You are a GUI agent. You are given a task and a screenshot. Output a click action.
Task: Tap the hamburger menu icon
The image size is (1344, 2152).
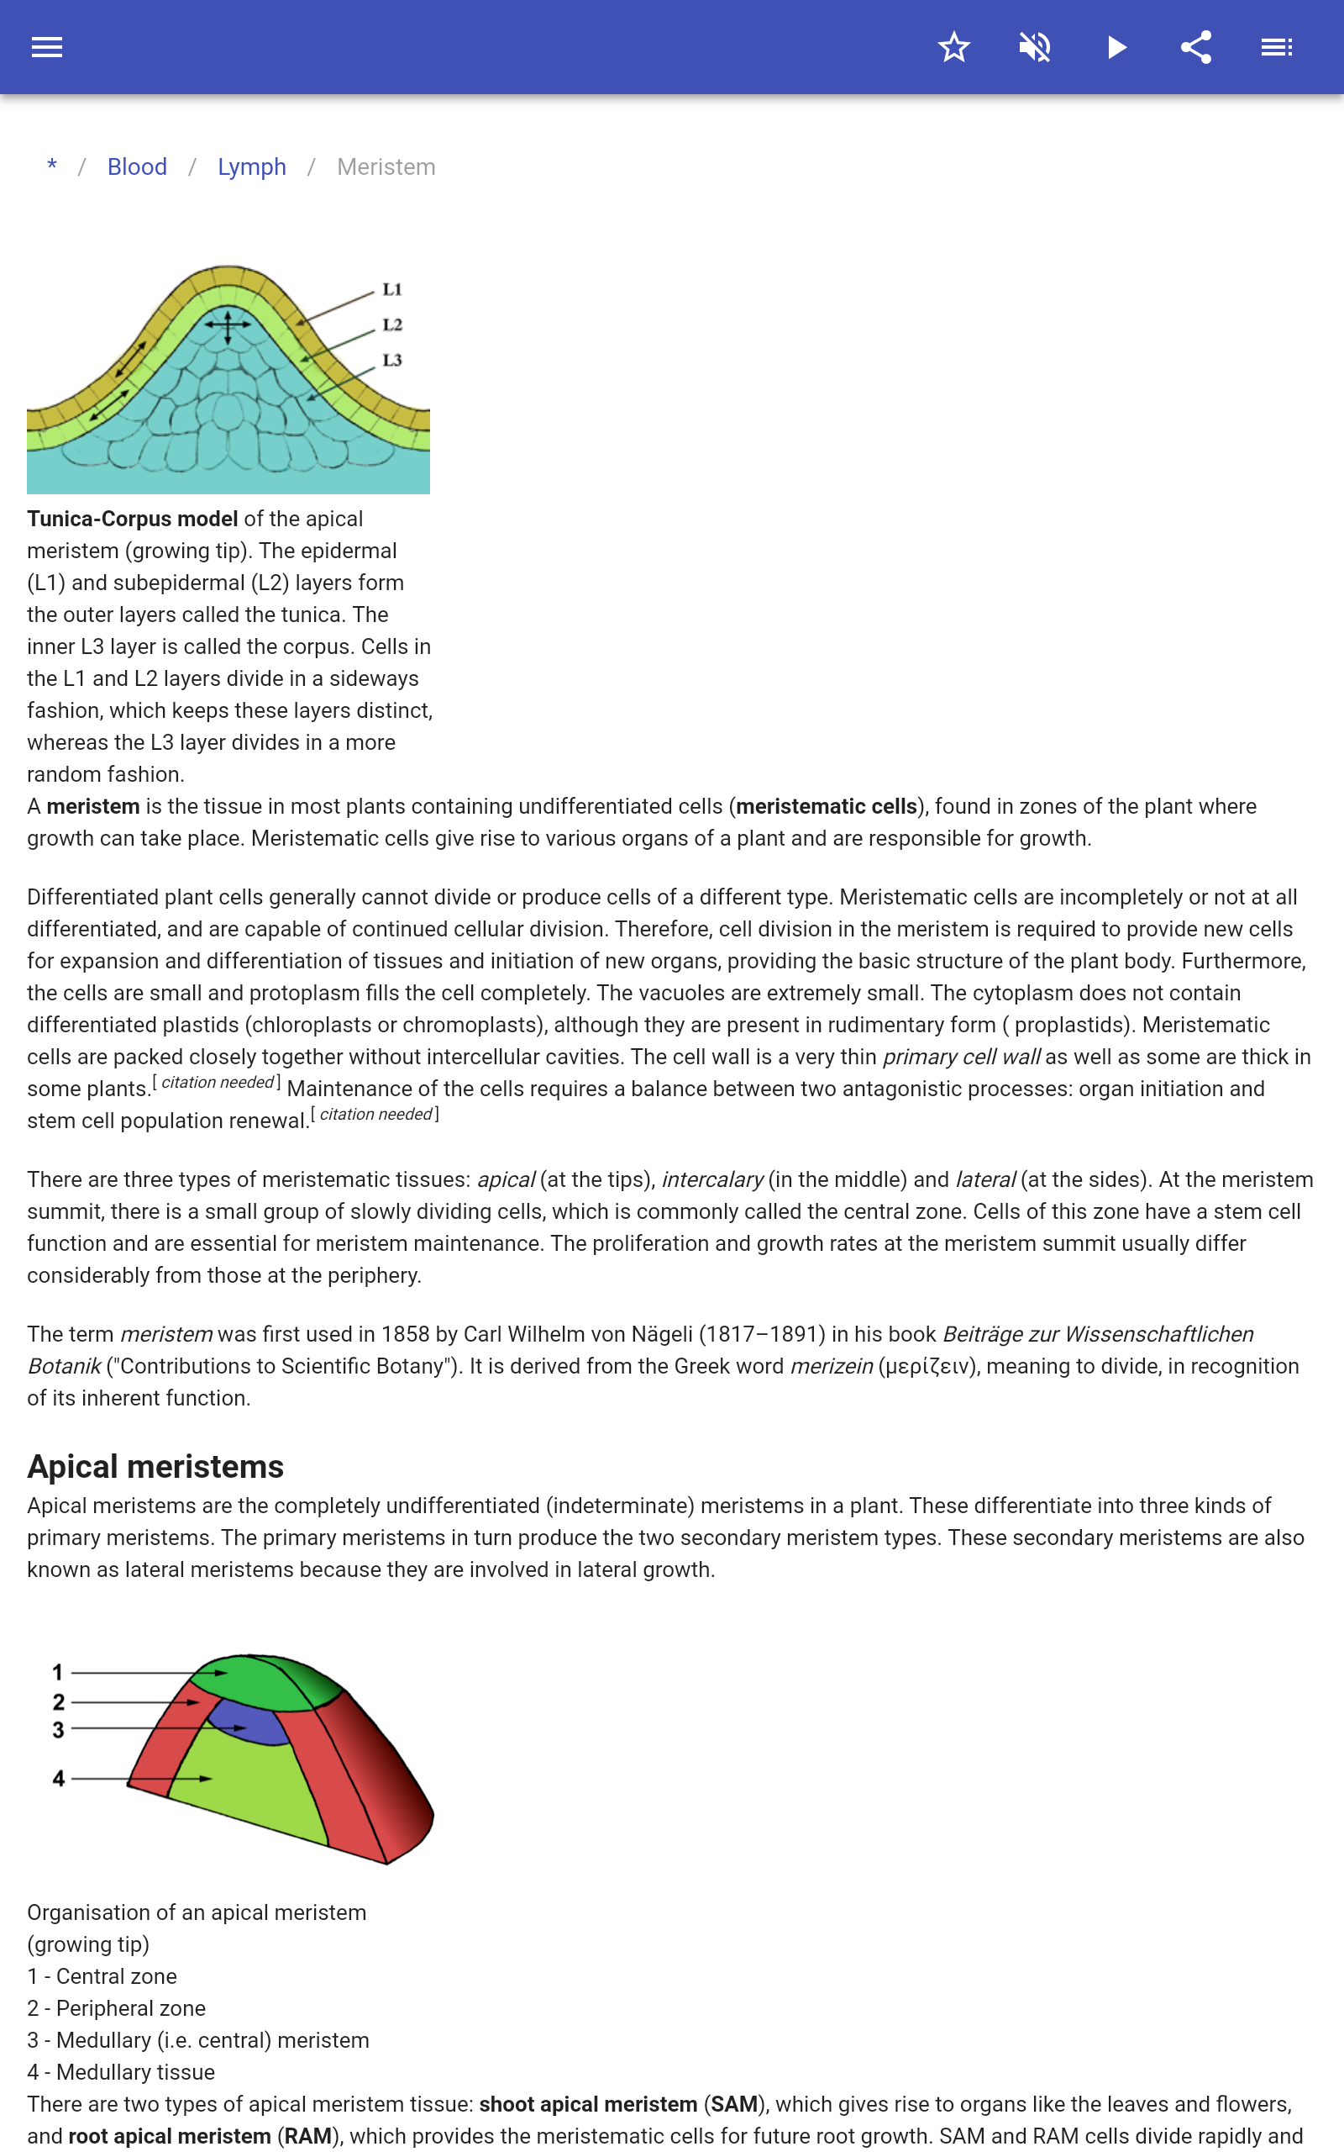(47, 47)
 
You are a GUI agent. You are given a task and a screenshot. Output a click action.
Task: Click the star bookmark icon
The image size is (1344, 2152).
(953, 47)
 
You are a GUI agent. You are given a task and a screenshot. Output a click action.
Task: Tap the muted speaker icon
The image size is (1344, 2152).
(1035, 47)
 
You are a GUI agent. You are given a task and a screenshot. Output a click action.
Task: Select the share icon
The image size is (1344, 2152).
(1195, 47)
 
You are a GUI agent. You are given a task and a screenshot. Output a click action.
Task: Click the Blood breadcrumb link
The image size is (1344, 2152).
(137, 167)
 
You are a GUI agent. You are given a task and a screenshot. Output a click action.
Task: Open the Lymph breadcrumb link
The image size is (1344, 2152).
(251, 167)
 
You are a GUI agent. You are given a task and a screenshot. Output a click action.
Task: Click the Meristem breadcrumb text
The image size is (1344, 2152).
(386, 167)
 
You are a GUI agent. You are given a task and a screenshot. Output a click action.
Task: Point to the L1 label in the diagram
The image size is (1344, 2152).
(392, 290)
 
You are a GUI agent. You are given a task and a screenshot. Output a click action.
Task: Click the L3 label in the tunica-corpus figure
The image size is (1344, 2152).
(392, 360)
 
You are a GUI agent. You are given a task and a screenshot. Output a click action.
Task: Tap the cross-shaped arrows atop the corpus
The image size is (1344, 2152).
(228, 325)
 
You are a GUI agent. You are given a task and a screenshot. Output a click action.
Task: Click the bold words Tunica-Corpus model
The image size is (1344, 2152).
(133, 519)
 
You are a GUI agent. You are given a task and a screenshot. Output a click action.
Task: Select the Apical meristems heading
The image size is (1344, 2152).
(155, 1466)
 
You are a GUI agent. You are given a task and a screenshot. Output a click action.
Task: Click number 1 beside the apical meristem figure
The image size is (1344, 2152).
(58, 1672)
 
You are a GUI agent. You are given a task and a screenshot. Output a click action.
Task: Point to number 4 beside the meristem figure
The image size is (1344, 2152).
(59, 1779)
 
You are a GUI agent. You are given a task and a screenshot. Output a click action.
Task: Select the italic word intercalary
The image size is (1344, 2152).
(712, 1179)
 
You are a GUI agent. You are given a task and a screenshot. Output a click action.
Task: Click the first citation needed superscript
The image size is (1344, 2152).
(217, 1082)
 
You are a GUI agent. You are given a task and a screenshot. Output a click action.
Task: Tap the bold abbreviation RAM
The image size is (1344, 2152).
(307, 2136)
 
